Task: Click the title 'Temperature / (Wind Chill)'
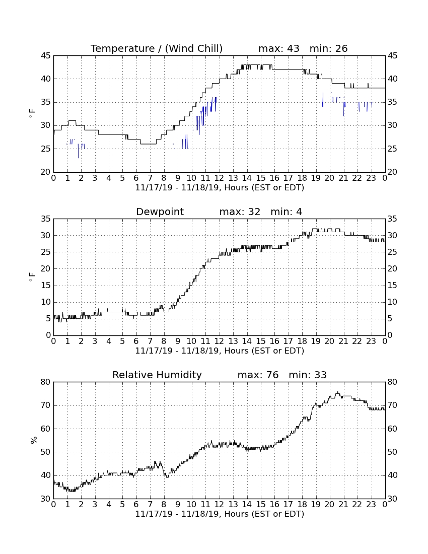point(157,49)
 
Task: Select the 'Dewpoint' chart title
point(160,212)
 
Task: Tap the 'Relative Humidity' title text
point(157,375)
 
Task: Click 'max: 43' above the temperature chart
point(278,49)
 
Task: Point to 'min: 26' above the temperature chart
point(328,49)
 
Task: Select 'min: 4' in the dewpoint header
point(287,212)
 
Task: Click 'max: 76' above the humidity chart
point(258,375)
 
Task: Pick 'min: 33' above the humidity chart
point(308,375)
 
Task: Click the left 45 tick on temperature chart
point(46,56)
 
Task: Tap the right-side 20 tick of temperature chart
point(392,172)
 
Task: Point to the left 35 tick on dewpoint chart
point(46,219)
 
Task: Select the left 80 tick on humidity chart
point(46,382)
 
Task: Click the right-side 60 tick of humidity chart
point(392,429)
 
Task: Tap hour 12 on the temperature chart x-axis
point(219,178)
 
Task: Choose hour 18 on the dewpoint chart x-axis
point(302,341)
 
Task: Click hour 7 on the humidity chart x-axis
point(150,505)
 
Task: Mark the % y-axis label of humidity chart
point(34,440)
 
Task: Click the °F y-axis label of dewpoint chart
point(32,276)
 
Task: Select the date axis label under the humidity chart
point(220,514)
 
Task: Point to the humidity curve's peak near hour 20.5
point(337,392)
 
